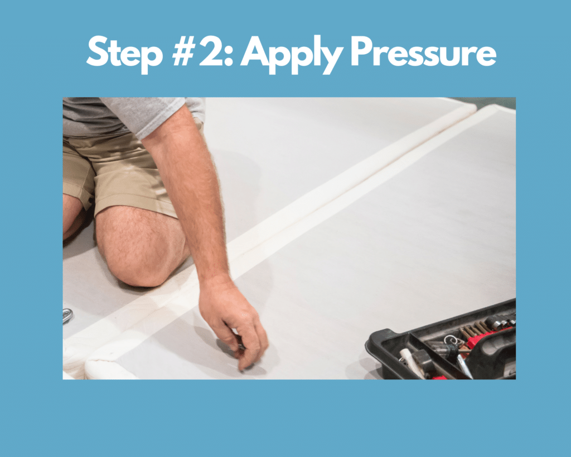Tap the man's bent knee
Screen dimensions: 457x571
point(139,251)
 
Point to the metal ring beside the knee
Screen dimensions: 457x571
point(67,315)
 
